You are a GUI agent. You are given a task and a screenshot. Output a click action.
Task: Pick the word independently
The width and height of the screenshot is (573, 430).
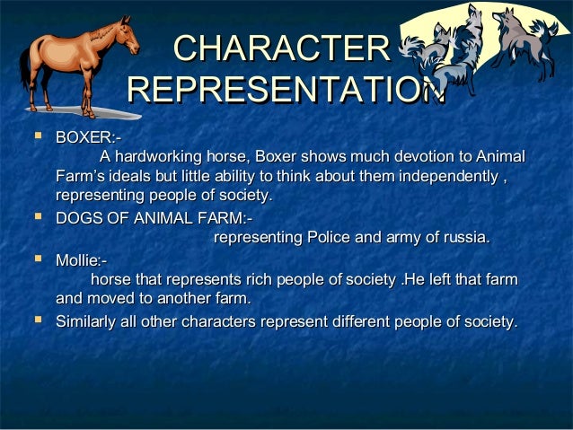tap(449, 175)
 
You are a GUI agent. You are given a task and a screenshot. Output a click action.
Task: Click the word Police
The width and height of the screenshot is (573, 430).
tap(331, 238)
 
